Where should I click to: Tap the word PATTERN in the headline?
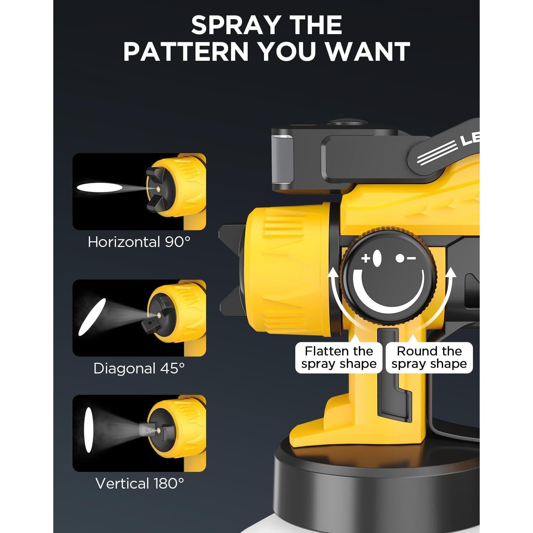click(x=185, y=52)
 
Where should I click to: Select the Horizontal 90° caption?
click(x=139, y=242)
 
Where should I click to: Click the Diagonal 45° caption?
click(x=139, y=368)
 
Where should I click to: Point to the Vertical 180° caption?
click(x=140, y=484)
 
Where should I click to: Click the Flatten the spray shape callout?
click(x=339, y=357)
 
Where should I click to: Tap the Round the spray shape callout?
click(x=429, y=357)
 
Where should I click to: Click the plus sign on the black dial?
click(x=366, y=258)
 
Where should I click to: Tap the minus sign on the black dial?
click(x=411, y=258)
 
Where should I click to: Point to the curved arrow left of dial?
click(x=336, y=298)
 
